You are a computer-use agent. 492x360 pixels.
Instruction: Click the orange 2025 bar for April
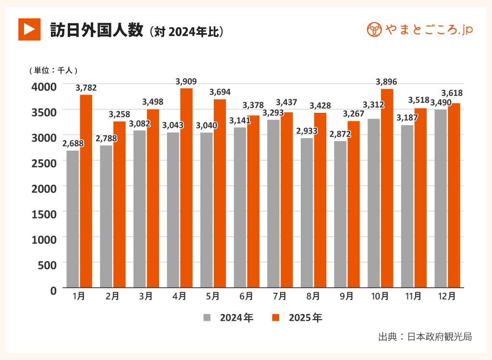click(x=186, y=188)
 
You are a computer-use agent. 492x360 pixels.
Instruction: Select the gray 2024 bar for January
click(x=73, y=219)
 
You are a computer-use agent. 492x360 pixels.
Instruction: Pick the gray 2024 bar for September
click(x=340, y=214)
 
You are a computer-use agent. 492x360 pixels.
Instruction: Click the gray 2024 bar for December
click(x=441, y=199)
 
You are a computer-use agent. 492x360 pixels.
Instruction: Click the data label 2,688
click(x=73, y=143)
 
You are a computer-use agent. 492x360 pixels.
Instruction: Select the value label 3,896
click(x=386, y=82)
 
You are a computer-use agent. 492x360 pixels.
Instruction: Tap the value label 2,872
click(x=340, y=134)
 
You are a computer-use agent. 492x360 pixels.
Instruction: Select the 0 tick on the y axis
click(x=53, y=289)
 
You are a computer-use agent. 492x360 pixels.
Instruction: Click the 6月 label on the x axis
click(x=246, y=297)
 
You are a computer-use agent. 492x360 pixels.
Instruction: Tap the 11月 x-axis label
click(x=413, y=297)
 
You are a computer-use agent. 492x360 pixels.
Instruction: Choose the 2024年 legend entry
click(x=229, y=318)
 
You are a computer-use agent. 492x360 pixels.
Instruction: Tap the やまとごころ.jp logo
click(x=419, y=30)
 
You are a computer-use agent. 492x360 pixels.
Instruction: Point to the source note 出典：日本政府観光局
click(x=425, y=337)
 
